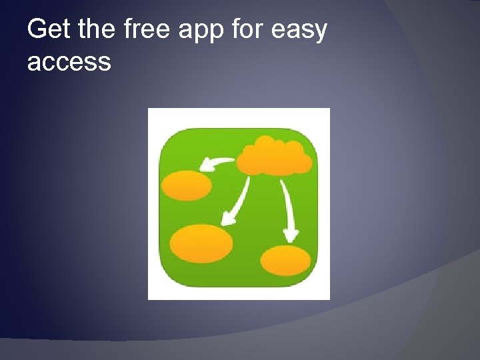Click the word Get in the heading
pyautogui.click(x=49, y=30)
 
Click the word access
pyautogui.click(x=69, y=63)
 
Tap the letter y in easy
pyautogui.click(x=321, y=33)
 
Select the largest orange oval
pyautogui.click(x=201, y=243)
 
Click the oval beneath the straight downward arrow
pyautogui.click(x=285, y=260)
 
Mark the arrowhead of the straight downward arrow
pyautogui.click(x=291, y=235)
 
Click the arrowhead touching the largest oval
pyautogui.click(x=227, y=218)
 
